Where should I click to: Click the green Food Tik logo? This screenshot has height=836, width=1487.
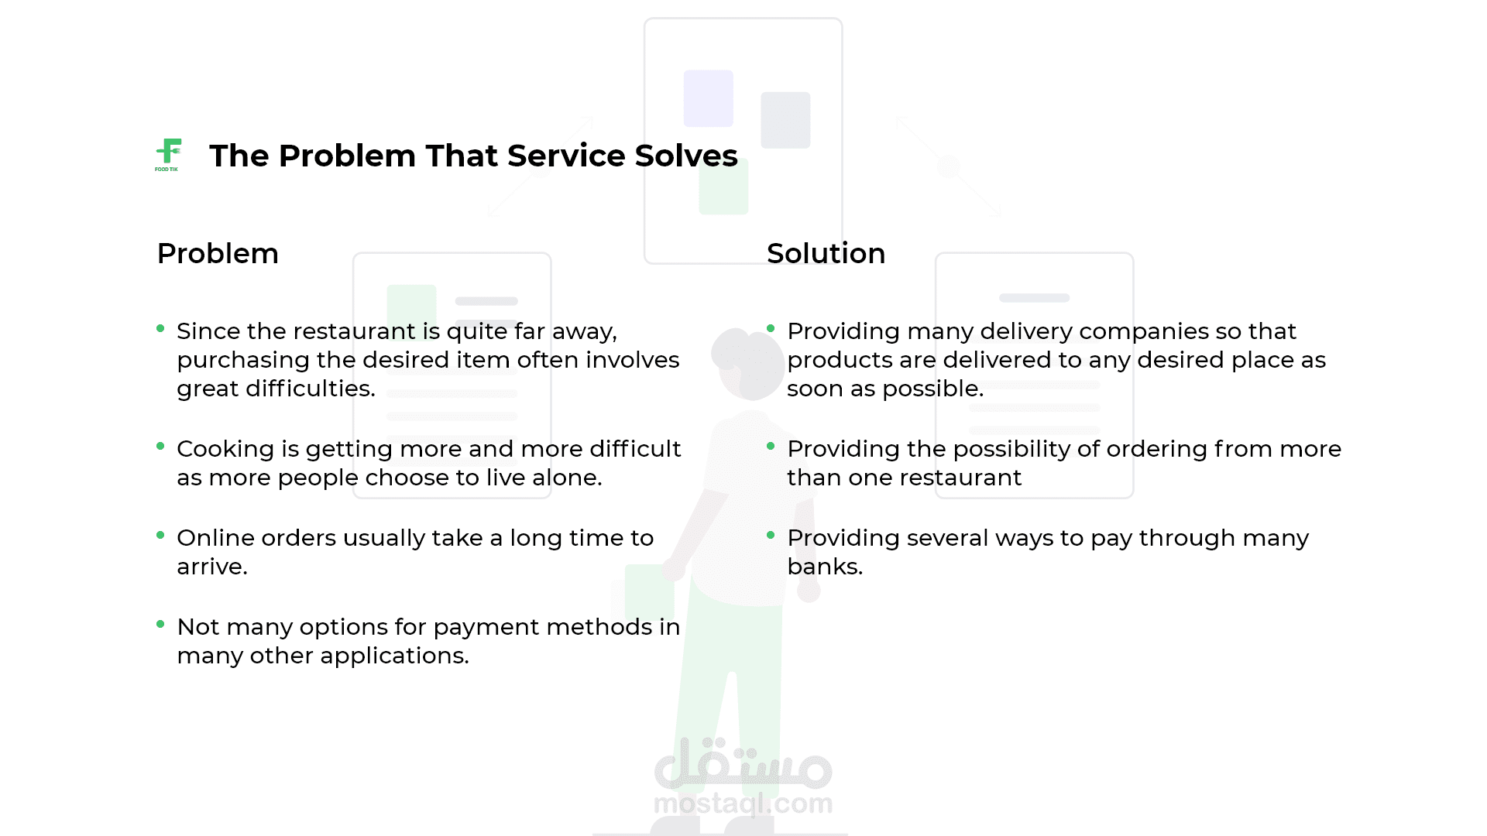point(168,155)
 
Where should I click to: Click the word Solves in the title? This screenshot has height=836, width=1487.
point(686,156)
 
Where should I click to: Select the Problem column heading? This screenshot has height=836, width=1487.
point(218,253)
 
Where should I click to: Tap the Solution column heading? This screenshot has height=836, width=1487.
point(826,253)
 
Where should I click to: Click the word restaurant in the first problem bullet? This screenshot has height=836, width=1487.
point(354,331)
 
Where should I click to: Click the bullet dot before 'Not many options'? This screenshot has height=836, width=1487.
point(160,624)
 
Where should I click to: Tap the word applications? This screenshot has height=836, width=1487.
point(394,656)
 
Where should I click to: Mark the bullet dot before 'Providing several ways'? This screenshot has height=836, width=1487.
point(771,535)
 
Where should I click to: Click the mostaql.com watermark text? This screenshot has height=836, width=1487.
point(743,803)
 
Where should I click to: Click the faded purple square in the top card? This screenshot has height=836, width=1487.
point(709,98)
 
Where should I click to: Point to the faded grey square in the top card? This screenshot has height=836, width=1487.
point(785,120)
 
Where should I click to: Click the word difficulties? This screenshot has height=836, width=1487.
point(311,389)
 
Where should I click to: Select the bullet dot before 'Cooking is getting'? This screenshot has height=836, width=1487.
point(160,446)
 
